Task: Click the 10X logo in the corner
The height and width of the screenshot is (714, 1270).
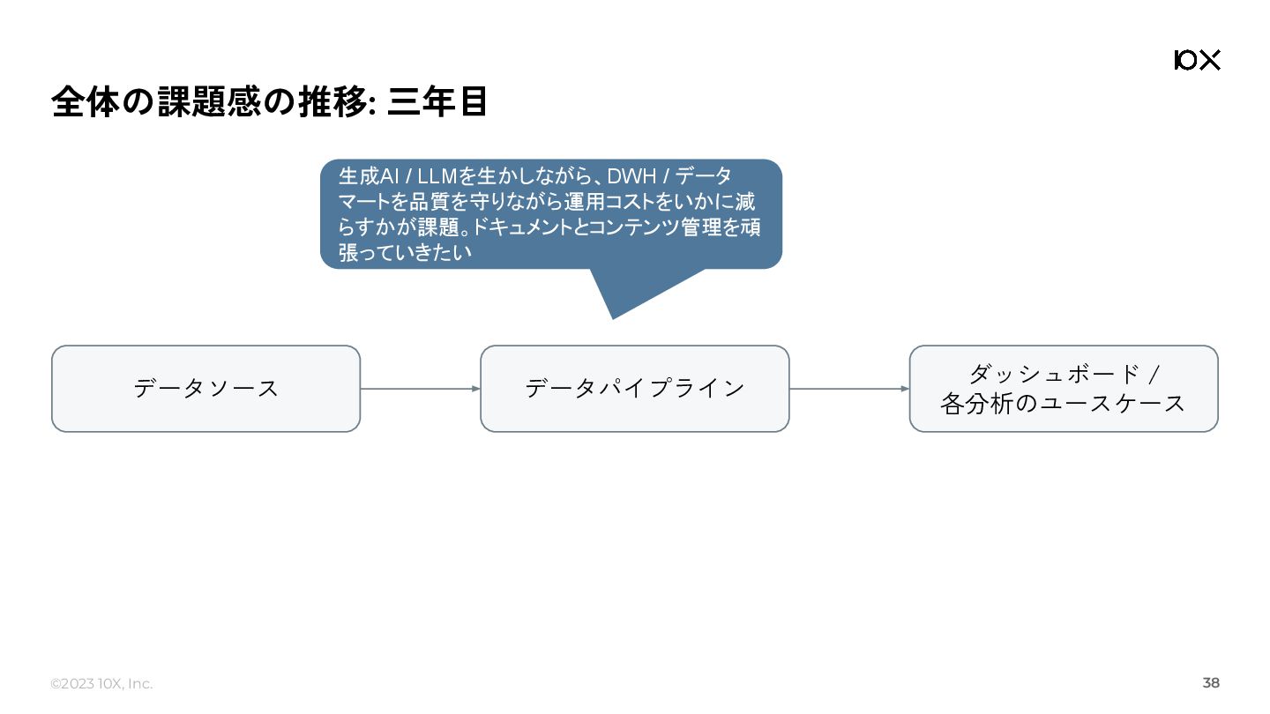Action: click(1197, 60)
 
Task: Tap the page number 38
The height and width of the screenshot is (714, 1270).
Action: click(1211, 683)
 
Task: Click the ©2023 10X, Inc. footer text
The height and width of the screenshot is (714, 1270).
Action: click(101, 684)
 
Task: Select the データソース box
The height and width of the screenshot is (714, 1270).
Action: click(205, 389)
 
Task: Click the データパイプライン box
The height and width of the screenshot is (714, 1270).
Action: click(634, 389)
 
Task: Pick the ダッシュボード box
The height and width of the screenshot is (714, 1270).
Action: click(1063, 389)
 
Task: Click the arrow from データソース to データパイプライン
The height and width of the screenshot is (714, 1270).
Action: click(420, 389)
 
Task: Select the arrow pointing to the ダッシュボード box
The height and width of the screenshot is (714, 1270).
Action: click(848, 389)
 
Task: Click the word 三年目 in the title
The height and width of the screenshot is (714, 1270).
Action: click(437, 102)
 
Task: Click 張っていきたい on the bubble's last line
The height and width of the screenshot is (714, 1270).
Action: click(405, 253)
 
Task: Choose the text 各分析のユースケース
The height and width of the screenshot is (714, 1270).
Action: click(1063, 404)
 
